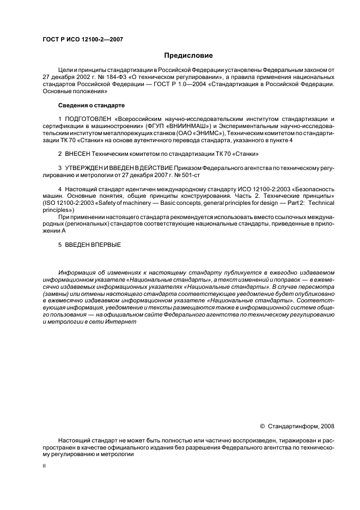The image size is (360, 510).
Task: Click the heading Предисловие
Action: click(x=188, y=56)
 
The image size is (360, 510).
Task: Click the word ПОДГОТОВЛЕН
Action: click(x=88, y=118)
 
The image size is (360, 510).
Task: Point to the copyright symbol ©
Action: click(x=263, y=424)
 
